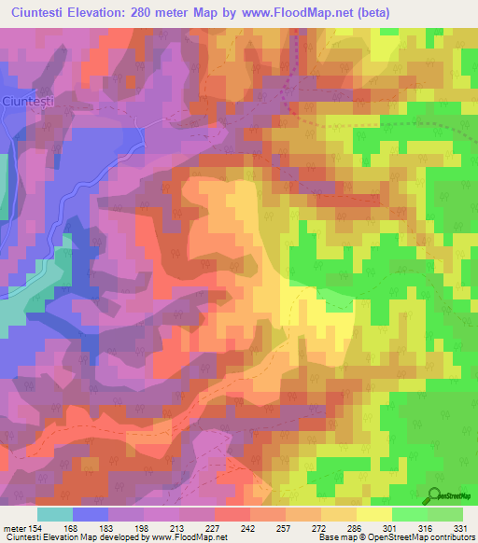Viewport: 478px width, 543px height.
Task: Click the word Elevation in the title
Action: (x=105, y=12)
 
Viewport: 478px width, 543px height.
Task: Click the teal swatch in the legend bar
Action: (x=55, y=514)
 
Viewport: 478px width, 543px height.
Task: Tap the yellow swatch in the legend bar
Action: (x=373, y=514)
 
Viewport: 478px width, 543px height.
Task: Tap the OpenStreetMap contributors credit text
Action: (x=419, y=538)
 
